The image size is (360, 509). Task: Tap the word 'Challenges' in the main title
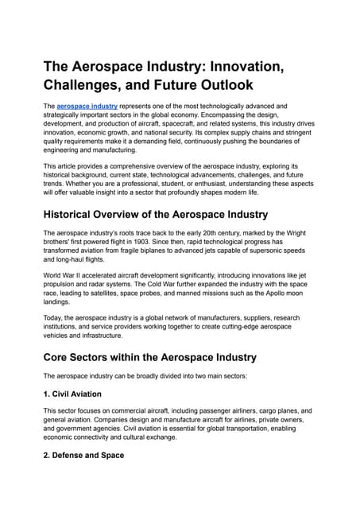(95, 83)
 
